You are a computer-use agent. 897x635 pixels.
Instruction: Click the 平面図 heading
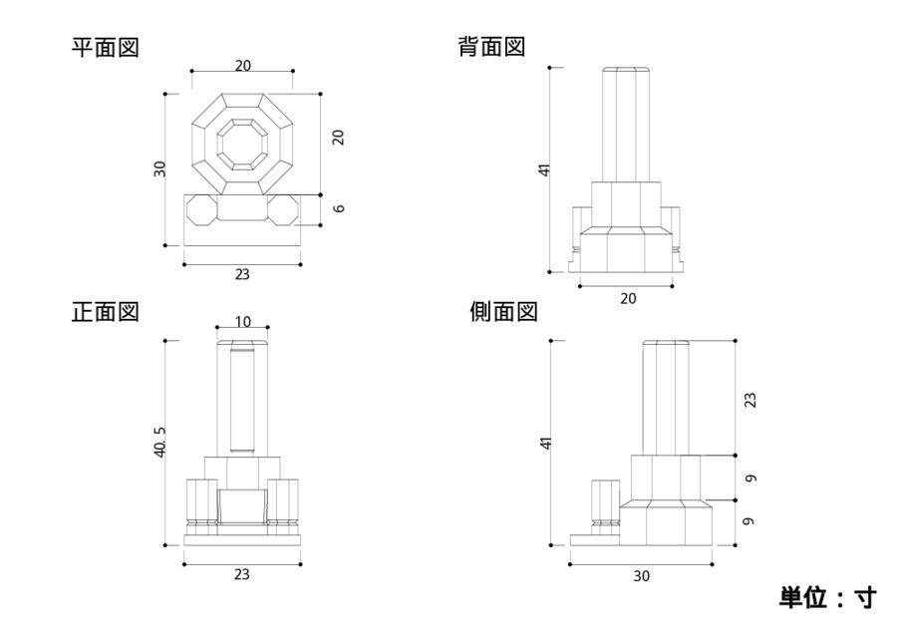105,47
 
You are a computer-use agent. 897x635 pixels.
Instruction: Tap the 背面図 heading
491,47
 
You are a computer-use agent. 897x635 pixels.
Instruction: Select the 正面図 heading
105,312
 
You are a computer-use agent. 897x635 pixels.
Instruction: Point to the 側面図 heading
503,312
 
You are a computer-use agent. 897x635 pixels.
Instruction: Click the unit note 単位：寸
827,597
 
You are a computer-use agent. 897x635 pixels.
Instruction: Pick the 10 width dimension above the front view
242,321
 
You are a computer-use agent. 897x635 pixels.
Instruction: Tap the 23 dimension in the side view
750,399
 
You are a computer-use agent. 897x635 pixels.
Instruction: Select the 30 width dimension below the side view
640,575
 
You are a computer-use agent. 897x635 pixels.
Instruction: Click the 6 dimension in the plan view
339,208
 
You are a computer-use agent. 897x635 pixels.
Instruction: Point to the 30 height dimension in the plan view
159,168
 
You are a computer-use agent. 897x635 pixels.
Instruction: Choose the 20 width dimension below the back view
627,297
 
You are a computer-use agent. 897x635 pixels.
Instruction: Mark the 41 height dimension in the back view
544,169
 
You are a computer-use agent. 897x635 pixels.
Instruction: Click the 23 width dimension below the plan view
242,274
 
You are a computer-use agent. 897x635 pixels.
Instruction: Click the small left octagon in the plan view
199,210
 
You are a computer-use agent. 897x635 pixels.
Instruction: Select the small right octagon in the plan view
284,210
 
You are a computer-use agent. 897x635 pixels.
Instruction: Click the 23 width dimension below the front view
242,574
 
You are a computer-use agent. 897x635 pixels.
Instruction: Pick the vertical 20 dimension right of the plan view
339,138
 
